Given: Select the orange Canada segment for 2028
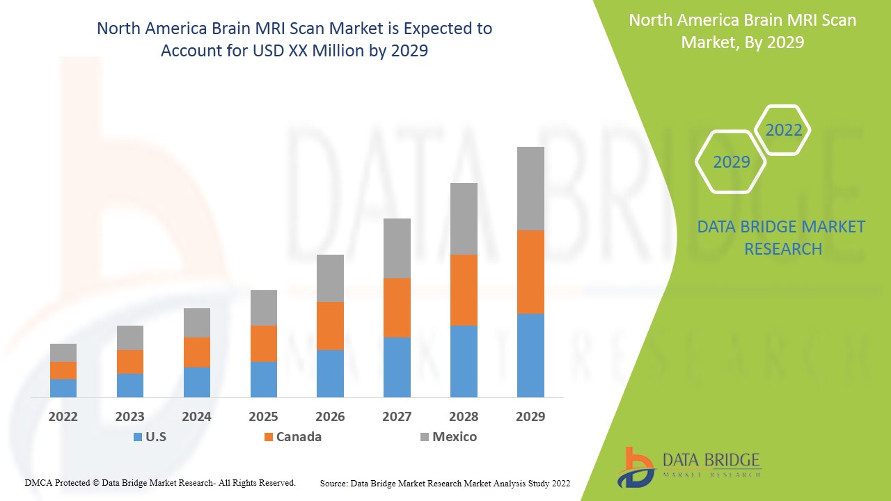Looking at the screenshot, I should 464,290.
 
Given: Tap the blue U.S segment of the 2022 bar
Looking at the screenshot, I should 63,388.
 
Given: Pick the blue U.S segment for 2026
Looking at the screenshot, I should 330,374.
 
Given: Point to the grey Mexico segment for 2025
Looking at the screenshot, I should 264,308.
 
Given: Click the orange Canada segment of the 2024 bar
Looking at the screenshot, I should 197,352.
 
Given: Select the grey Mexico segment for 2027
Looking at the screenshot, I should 397,248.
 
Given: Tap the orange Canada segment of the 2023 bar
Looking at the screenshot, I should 130,362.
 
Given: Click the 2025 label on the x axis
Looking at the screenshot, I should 264,417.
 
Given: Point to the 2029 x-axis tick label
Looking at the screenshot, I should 530,417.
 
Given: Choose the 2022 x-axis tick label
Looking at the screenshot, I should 63,417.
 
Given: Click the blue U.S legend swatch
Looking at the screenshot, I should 138,437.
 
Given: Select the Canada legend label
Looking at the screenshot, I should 299,437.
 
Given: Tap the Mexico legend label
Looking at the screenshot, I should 455,437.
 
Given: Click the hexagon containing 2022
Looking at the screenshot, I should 783,130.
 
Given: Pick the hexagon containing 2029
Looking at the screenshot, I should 731,162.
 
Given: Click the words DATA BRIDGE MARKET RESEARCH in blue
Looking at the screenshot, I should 781,237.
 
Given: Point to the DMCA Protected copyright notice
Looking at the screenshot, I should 160,482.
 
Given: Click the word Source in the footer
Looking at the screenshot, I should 333,483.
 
